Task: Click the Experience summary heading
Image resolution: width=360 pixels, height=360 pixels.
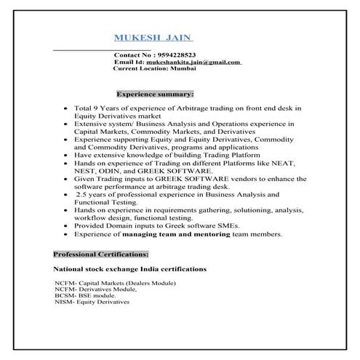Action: click(155, 95)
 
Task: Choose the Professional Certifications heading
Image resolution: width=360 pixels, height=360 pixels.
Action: click(101, 255)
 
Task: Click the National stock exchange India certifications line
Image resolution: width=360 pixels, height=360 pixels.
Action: click(131, 269)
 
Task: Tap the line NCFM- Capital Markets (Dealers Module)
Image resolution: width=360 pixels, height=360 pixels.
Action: click(115, 282)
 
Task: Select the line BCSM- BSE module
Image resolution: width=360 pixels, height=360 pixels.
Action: click(85, 295)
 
